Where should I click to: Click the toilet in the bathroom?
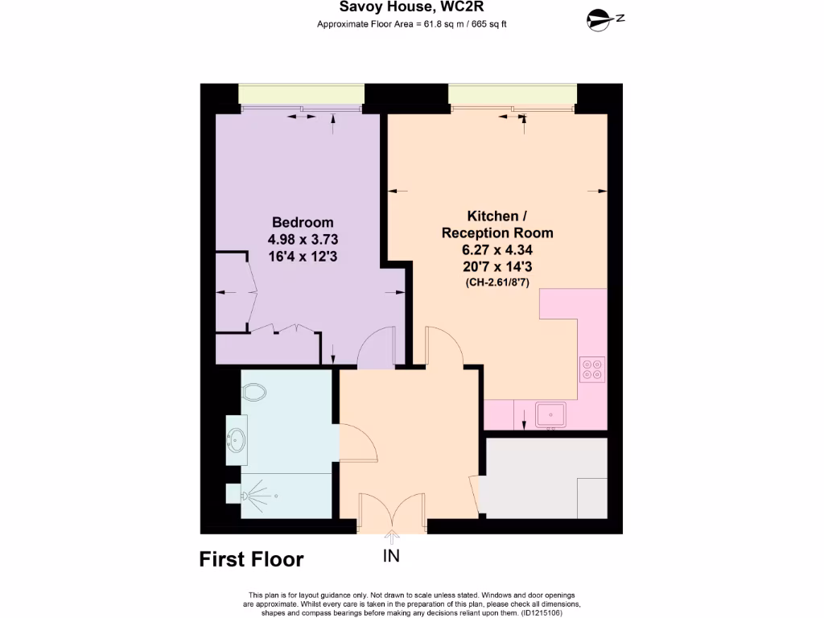pyautogui.click(x=253, y=392)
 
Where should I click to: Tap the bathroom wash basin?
pyautogui.click(x=237, y=440)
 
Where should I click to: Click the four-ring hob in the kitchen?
pyautogui.click(x=592, y=369)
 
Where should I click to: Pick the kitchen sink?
pyautogui.click(x=550, y=414)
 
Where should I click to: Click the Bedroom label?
pyautogui.click(x=303, y=222)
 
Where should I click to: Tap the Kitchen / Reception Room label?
pyautogui.click(x=497, y=225)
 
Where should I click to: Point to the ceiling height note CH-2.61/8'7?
pyautogui.click(x=497, y=282)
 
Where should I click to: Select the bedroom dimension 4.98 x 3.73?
pyautogui.click(x=303, y=240)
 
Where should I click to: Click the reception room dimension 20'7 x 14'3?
pyautogui.click(x=497, y=266)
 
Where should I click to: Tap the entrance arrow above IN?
pyautogui.click(x=392, y=538)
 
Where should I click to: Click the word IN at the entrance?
pyautogui.click(x=392, y=555)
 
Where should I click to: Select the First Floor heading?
pyautogui.click(x=251, y=559)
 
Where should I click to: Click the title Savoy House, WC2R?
pyautogui.click(x=411, y=6)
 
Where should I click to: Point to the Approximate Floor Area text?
pyautogui.click(x=411, y=23)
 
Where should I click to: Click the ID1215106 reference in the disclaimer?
pyautogui.click(x=542, y=612)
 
